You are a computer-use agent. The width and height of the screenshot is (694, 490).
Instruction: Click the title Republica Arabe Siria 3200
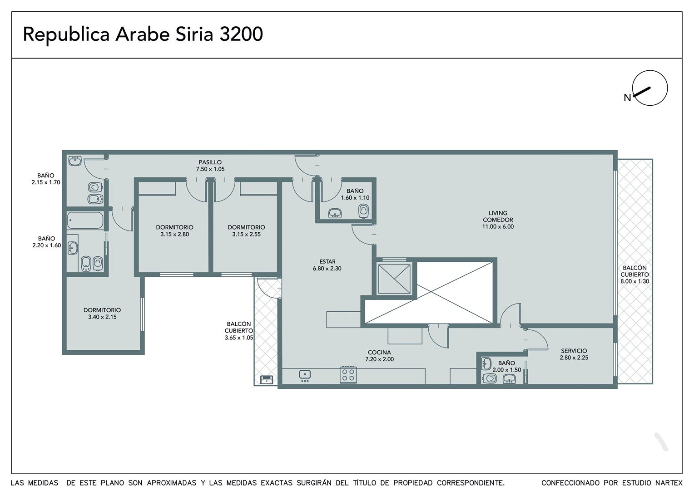click(143, 34)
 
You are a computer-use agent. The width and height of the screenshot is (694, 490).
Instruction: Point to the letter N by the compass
click(627, 98)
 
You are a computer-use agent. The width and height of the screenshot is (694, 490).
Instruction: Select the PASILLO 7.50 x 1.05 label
click(210, 166)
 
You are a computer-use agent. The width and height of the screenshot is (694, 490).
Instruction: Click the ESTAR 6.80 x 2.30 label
click(327, 265)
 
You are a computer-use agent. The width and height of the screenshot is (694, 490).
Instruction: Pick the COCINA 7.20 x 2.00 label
click(379, 356)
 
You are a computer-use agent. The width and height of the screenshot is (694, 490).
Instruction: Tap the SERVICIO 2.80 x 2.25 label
click(574, 354)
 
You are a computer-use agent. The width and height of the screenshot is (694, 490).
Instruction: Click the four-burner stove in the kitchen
click(348, 375)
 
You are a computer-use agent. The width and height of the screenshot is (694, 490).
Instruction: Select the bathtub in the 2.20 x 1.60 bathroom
click(85, 220)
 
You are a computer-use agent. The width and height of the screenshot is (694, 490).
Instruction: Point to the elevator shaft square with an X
click(394, 279)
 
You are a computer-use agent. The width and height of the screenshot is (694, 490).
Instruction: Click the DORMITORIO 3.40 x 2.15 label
click(102, 313)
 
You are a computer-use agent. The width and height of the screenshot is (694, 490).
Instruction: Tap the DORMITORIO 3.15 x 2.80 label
click(174, 230)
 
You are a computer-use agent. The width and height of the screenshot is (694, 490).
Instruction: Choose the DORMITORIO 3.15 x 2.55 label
click(246, 230)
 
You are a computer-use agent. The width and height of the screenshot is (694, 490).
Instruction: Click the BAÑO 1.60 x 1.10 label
click(355, 194)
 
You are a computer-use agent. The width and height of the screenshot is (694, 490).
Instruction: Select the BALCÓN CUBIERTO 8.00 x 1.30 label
click(635, 274)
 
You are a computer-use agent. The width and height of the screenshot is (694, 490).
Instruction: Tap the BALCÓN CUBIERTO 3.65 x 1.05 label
click(239, 331)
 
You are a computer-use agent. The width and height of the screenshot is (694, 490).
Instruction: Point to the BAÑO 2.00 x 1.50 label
click(506, 366)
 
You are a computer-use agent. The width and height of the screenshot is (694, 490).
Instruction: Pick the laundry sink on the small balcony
click(267, 379)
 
